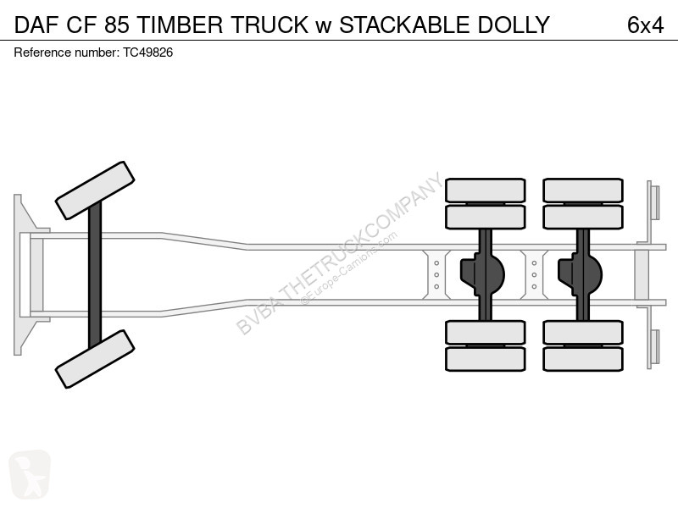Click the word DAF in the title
[36, 25]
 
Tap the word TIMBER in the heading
[180, 25]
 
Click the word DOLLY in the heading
[514, 25]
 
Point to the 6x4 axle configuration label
[645, 25]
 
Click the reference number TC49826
[147, 52]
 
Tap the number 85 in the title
[116, 25]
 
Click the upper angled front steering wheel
[95, 190]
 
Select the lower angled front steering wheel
[95, 359]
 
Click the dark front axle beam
[95, 274]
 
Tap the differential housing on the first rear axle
[483, 274]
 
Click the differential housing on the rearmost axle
[581, 274]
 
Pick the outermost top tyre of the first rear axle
[485, 190]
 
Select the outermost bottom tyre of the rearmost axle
[583, 359]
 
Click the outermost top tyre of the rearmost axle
[583, 190]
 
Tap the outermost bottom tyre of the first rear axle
[485, 359]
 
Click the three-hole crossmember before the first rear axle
[436, 274]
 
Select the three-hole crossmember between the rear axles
[535, 274]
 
